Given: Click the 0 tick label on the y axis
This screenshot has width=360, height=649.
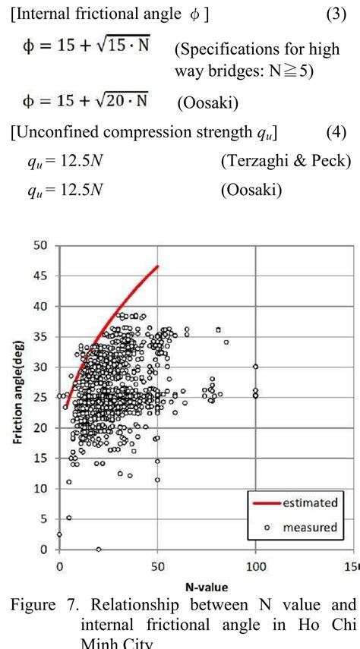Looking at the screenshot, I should pos(44,550).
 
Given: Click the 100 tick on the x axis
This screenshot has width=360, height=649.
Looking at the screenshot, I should pos(256,566).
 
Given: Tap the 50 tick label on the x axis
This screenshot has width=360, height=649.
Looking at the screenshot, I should pos(158,566).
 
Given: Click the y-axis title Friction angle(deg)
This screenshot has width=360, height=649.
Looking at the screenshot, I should pos(15,398).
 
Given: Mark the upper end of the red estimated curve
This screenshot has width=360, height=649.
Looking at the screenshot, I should pos(157,266).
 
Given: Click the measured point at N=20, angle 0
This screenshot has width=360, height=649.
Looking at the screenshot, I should pos(99,549).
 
